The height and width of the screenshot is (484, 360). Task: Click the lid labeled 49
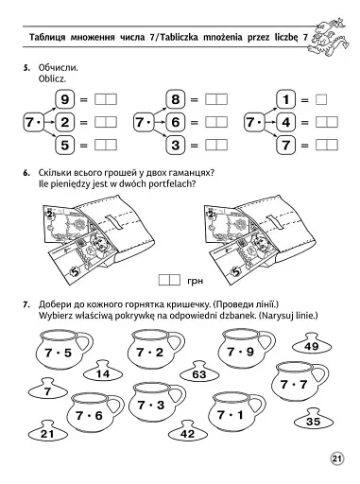pos(312,344)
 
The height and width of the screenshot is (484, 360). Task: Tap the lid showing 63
pos(199,372)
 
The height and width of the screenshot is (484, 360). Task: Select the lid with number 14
pos(103,372)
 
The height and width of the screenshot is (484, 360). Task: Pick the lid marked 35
pos(314,419)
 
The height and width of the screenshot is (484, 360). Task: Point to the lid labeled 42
pos(188,431)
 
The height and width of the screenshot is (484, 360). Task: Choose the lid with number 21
pos(48,431)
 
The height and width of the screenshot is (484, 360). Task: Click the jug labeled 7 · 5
pos(63,349)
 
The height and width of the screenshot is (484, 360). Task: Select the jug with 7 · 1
pos(236,412)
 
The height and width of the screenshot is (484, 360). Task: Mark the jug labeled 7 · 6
pos(94,413)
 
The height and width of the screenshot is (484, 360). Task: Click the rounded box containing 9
pos(65,99)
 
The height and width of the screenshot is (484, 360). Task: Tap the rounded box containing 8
pos(176,99)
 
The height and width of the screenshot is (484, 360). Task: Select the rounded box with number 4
pos(286,122)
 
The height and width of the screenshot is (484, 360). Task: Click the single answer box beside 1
pos(321,100)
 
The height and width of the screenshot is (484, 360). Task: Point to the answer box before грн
pos(169,280)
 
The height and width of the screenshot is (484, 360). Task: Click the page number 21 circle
pos(336,458)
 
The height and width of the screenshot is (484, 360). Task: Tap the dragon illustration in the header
pos(328,35)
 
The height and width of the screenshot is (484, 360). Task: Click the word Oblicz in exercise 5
pos(52,78)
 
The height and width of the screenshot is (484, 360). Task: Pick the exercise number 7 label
pos(26,304)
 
